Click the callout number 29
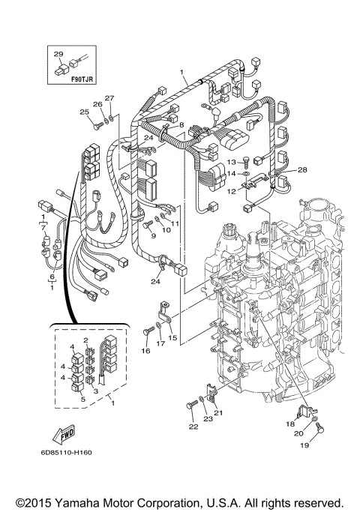[x=57, y=53]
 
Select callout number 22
[x=193, y=427]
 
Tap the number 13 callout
[x=231, y=162]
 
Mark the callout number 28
[x=302, y=170]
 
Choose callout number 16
[x=145, y=350]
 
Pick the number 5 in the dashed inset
[x=82, y=400]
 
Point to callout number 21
[x=220, y=412]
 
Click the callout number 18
[x=290, y=424]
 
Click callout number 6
[x=52, y=277]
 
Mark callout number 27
[x=109, y=98]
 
